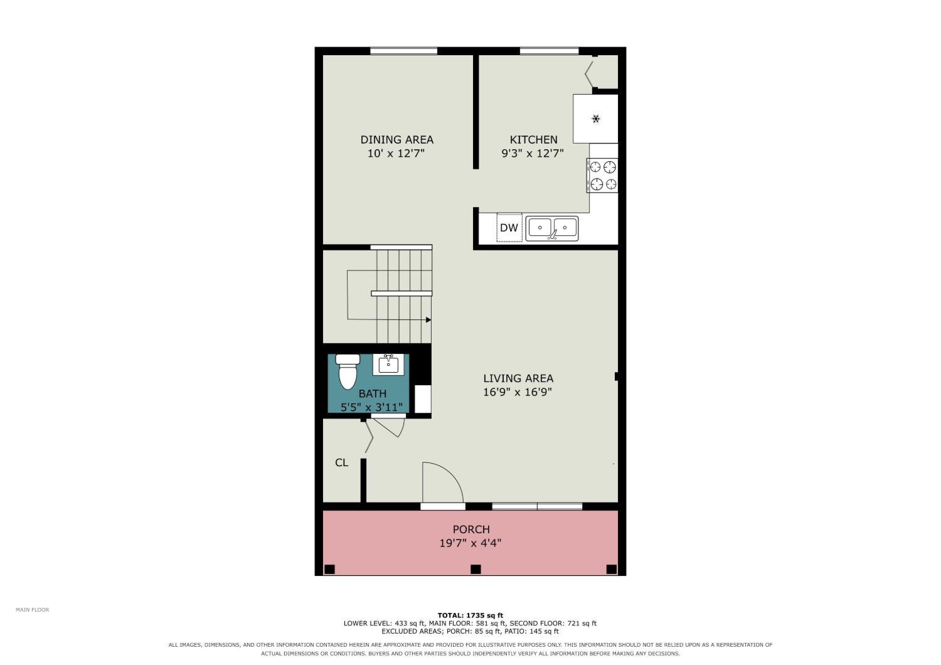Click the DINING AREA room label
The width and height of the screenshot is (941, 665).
(396, 139)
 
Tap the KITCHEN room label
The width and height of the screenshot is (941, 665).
(533, 139)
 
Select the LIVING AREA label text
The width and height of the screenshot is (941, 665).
(518, 378)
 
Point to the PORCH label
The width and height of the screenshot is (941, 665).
(471, 529)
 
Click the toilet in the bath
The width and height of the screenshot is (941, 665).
(348, 371)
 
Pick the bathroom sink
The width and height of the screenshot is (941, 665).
(388, 364)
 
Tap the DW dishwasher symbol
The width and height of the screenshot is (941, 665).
(509, 228)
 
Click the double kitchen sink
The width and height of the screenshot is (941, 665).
(552, 228)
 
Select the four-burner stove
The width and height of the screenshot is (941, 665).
(602, 176)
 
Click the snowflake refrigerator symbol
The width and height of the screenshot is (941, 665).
(596, 119)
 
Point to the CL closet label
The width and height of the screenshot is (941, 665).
(341, 462)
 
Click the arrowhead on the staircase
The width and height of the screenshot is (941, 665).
(428, 320)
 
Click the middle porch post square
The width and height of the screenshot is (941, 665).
(476, 569)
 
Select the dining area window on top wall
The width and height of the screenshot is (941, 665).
(404, 51)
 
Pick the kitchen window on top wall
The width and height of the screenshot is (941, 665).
(549, 51)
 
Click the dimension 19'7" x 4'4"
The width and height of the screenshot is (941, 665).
(470, 543)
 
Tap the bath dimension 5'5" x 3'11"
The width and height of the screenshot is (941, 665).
(372, 407)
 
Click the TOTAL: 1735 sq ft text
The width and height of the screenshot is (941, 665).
(470, 615)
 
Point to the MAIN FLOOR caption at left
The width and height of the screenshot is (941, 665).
(33, 610)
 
